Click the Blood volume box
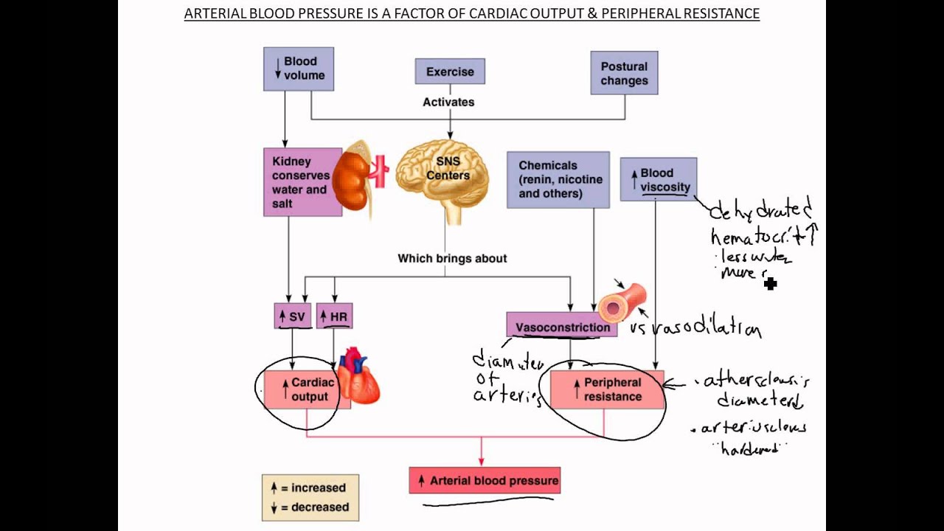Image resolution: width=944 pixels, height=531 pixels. (299, 69)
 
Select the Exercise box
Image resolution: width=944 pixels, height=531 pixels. (450, 72)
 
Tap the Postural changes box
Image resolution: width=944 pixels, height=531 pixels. (624, 73)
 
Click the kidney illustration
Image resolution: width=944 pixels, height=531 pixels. (353, 181)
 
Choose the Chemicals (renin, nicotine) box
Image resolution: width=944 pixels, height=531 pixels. (558, 180)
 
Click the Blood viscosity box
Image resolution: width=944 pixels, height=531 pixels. (659, 179)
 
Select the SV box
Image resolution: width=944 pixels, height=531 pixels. (293, 316)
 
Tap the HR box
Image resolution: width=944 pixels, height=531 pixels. (334, 316)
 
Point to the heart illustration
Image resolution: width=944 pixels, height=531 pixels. (359, 378)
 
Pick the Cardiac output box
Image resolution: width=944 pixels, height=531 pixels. (303, 389)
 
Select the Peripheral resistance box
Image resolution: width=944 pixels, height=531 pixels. (607, 389)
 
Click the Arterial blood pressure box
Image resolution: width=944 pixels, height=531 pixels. (485, 481)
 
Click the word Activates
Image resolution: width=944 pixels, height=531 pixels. (448, 103)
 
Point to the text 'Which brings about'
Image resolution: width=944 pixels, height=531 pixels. (452, 259)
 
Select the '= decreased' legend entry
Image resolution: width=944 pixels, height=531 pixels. (310, 507)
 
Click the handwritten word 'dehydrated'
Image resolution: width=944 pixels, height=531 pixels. (760, 210)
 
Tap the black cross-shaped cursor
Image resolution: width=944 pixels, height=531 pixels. (771, 283)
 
